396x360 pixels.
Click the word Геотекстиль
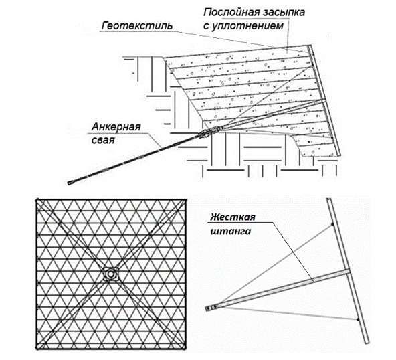[137, 26]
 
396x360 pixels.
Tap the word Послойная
[231, 12]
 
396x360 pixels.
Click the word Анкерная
[116, 127]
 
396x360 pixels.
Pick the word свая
[103, 140]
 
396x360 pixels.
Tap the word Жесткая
[233, 217]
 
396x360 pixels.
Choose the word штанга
[231, 231]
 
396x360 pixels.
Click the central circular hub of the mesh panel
[110, 274]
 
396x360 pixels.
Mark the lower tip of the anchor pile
[69, 183]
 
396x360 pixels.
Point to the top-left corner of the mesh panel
[37, 200]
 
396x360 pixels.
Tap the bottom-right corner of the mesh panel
[185, 349]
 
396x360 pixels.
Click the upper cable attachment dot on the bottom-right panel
[332, 224]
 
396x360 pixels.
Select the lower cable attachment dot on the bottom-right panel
[358, 320]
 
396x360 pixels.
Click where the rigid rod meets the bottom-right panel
[347, 272]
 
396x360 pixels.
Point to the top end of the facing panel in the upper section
[309, 46]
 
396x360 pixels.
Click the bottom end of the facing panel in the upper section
[338, 155]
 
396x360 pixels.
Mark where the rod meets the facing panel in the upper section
[324, 101]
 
